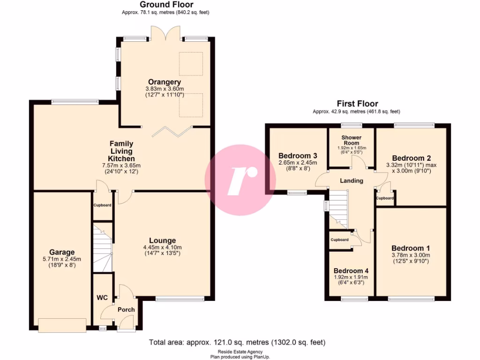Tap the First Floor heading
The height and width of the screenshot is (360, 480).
(x=357, y=104)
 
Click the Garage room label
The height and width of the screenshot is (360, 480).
(x=62, y=252)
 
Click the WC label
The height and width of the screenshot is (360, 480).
(x=102, y=298)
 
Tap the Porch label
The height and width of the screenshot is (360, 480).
(x=126, y=309)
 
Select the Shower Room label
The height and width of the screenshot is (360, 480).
(x=352, y=140)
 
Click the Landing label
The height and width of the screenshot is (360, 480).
(x=352, y=180)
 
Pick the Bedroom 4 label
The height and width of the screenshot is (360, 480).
(x=351, y=270)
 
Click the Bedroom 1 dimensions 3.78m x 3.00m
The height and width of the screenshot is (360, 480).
(x=411, y=255)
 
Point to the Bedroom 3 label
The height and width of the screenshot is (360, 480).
(x=298, y=156)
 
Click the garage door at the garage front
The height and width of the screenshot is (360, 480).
(x=62, y=324)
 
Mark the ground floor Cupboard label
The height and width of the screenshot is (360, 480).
(x=102, y=205)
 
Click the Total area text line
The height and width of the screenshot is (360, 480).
(x=237, y=343)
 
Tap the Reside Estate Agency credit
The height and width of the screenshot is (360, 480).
(x=240, y=352)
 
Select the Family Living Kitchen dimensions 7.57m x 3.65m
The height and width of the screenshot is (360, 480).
(x=121, y=165)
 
